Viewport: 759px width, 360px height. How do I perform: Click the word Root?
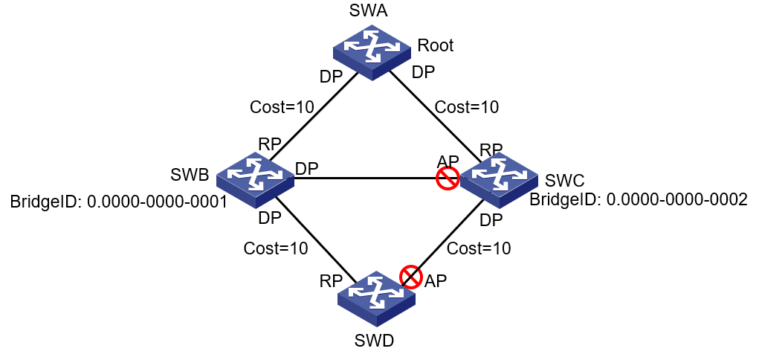(x=436, y=45)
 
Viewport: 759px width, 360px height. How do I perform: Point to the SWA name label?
(x=371, y=12)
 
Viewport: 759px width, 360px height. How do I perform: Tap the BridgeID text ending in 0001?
(x=118, y=202)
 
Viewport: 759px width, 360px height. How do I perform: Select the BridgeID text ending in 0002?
(x=636, y=199)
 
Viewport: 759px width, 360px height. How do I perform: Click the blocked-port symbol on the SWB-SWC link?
(x=447, y=179)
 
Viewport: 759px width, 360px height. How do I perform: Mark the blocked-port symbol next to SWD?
(x=410, y=277)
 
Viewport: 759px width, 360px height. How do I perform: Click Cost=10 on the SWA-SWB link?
(x=282, y=107)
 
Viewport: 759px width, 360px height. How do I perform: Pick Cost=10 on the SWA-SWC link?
(x=466, y=107)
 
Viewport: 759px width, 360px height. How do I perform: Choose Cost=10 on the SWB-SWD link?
(x=275, y=248)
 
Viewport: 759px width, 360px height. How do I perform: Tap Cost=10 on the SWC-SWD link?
(x=479, y=248)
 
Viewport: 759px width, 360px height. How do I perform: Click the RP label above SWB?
(x=269, y=143)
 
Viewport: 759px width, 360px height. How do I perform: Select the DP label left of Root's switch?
(x=331, y=77)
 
